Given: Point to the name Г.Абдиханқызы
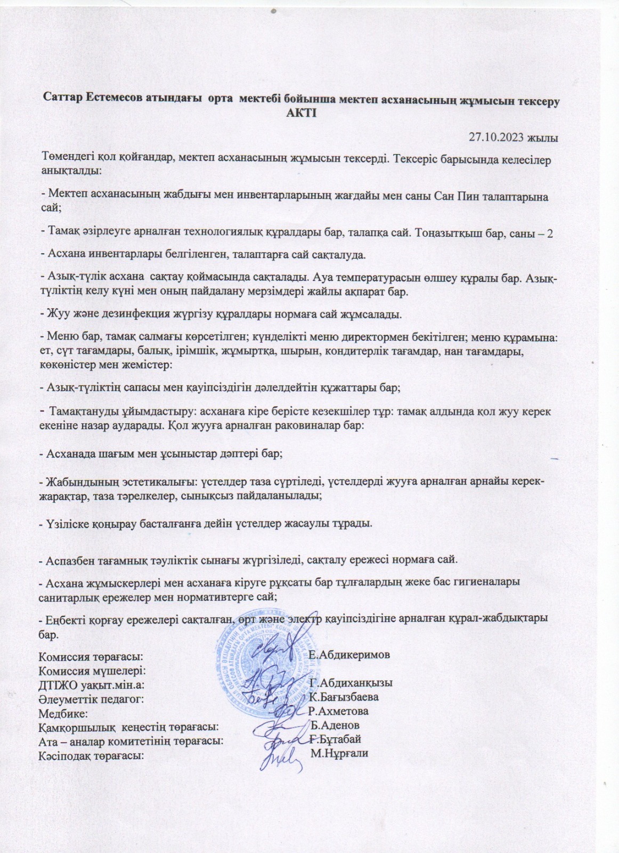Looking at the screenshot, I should [351, 683].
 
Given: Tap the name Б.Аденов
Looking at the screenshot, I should [335, 726].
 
